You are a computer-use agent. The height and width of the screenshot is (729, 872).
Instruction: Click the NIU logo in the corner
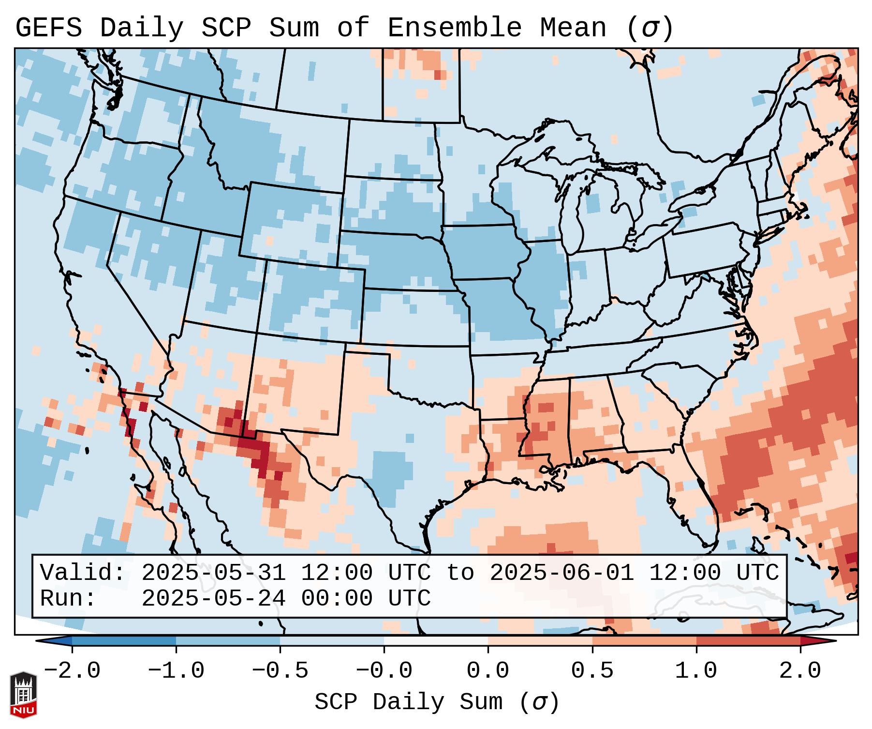(x=23, y=695)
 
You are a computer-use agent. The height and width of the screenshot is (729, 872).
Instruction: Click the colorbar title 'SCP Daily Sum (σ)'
(x=437, y=702)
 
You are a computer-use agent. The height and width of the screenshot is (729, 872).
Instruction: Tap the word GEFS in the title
(x=49, y=28)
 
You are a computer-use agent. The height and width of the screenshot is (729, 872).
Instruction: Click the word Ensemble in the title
(x=455, y=28)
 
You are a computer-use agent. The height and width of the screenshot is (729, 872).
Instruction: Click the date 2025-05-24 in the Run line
(x=213, y=599)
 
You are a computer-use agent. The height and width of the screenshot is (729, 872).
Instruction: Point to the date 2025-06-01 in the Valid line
(x=562, y=573)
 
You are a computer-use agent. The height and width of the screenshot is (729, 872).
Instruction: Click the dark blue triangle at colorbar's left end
(x=54, y=641)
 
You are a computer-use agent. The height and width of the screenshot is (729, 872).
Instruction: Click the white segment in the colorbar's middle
(x=436, y=641)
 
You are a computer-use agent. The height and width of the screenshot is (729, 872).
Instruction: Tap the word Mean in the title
(x=573, y=28)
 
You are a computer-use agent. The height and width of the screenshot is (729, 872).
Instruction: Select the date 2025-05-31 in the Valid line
(x=213, y=573)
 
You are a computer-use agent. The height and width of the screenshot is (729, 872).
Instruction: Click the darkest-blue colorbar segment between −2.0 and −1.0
(x=124, y=641)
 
